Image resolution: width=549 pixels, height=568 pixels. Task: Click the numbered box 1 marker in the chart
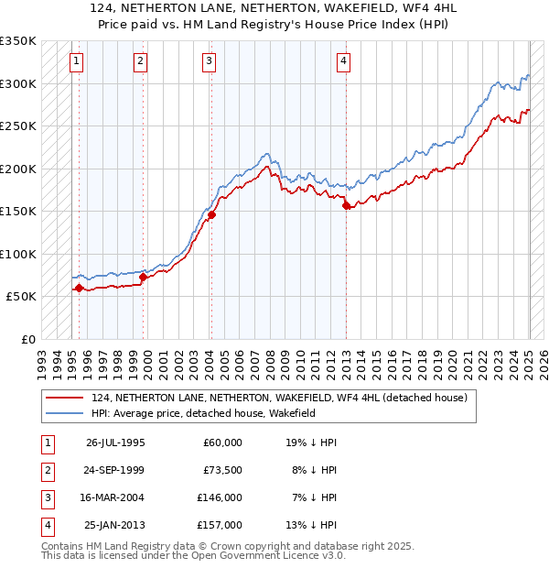(x=75, y=61)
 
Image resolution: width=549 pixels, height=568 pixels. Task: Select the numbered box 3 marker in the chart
(x=209, y=61)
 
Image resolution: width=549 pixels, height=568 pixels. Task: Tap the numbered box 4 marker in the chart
(x=343, y=61)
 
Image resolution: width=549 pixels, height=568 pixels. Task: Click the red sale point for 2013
(x=346, y=206)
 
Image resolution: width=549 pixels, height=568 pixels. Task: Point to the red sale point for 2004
(x=211, y=215)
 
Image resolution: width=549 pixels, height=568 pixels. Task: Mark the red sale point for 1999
(x=143, y=277)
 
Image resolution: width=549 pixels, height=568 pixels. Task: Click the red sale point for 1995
(x=79, y=288)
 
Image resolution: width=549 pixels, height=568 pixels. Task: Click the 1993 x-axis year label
(x=40, y=359)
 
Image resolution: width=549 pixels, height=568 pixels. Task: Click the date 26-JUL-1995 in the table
(x=114, y=442)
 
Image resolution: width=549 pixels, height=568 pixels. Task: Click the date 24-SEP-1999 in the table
(x=114, y=470)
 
